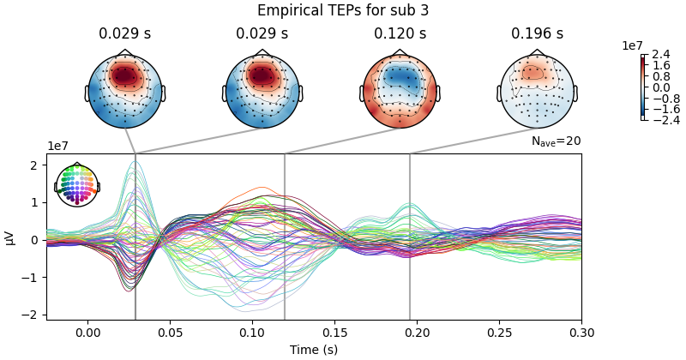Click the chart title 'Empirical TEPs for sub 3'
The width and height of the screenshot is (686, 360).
[x=343, y=11]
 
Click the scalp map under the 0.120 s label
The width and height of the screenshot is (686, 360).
[x=400, y=91]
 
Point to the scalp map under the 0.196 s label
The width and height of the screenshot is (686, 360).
[x=537, y=91]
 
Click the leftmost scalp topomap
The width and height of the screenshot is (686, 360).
[x=124, y=91]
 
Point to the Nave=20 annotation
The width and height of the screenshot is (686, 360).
[x=556, y=141]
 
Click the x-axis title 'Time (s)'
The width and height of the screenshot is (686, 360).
[x=314, y=350]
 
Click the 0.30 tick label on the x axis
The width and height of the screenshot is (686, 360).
[x=581, y=333]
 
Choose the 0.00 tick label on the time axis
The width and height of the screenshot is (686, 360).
[x=87, y=333]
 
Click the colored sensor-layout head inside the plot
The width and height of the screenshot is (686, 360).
[x=77, y=184]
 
